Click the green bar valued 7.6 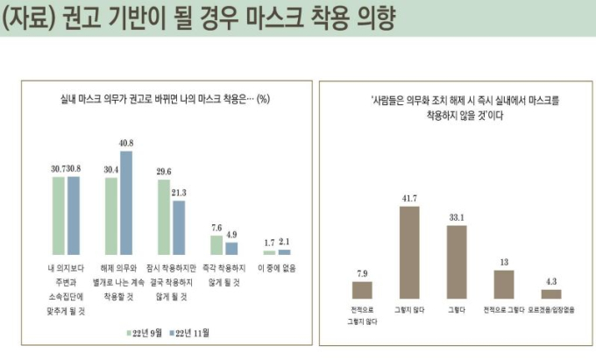[216, 244]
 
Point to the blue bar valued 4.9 [231, 248]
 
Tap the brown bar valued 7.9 [362, 290]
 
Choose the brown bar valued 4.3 [551, 293]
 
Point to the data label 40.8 [126, 143]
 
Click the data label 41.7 [409, 199]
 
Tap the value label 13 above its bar [504, 262]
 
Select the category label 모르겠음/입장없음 [551, 309]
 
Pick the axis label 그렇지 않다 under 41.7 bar [409, 309]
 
